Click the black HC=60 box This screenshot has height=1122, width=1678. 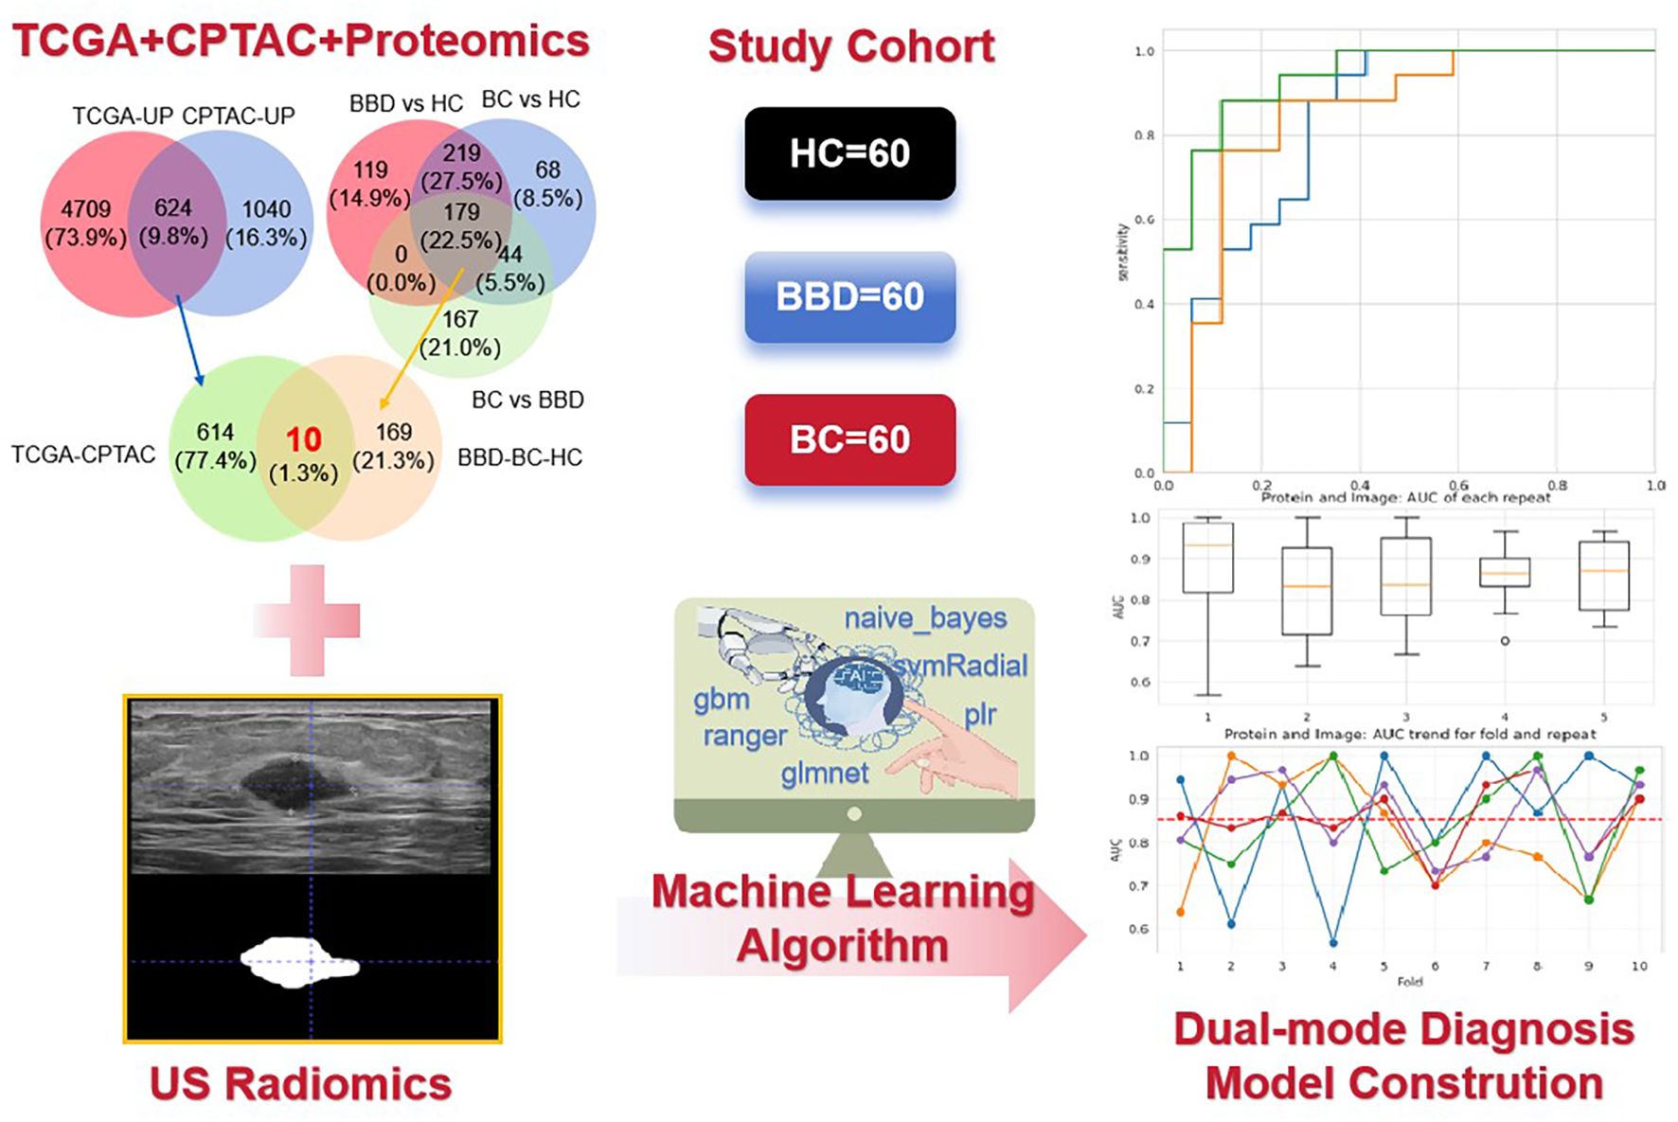tap(849, 153)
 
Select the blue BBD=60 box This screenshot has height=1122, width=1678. tap(849, 296)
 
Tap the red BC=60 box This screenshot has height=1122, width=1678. tap(849, 439)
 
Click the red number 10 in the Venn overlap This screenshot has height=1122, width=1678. tap(304, 439)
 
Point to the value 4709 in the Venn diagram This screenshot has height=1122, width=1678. tap(86, 208)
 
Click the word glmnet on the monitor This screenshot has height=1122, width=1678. tap(824, 774)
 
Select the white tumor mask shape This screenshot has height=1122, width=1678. tap(299, 962)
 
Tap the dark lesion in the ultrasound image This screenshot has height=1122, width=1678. tap(289, 784)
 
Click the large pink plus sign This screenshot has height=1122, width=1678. tap(307, 620)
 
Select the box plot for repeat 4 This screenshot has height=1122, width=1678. tap(1505, 573)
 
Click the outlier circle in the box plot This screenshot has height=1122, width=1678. tap(1505, 641)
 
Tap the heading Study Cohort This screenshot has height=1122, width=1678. tap(850, 46)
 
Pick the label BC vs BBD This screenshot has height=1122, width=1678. tap(527, 400)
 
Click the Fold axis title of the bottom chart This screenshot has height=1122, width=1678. tap(1409, 982)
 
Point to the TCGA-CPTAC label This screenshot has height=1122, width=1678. tap(83, 455)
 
